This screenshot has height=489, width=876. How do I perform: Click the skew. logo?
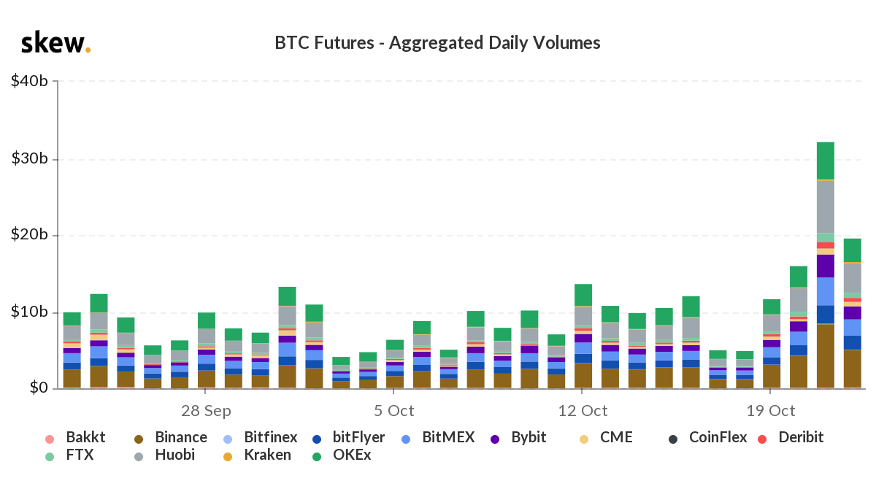coord(55,43)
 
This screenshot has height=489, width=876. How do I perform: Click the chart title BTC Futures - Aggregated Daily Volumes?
coord(437,43)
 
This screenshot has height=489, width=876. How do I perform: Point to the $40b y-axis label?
coord(30,81)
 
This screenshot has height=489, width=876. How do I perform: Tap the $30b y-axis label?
coord(30,158)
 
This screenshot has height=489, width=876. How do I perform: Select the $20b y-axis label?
coord(30,235)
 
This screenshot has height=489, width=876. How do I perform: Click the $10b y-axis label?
coord(30,312)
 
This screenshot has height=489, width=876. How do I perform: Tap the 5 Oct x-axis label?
coord(394,410)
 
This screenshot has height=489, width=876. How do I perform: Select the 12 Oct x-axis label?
coord(582,410)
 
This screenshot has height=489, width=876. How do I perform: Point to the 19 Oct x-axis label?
coord(771,410)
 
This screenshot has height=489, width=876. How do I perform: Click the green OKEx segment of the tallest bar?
coord(826,160)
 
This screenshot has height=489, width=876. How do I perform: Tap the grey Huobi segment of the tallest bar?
coord(826,206)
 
